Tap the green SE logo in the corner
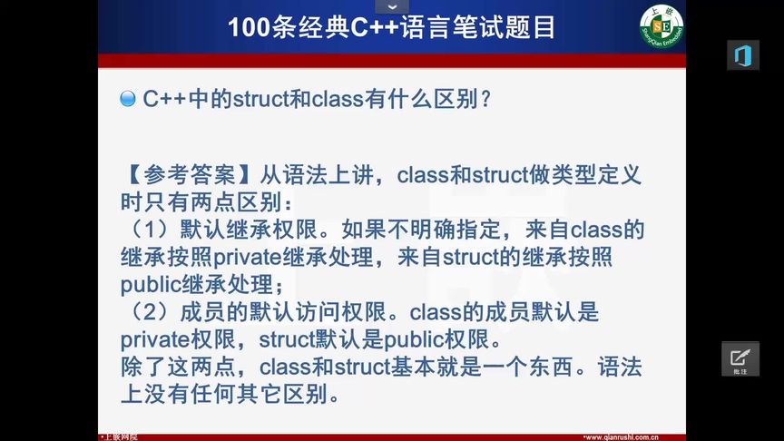coord(661,25)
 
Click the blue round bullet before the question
coord(128,99)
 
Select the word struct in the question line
coord(260,99)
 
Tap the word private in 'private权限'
coord(152,341)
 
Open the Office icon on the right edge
coord(742,54)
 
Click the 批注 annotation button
coord(740,359)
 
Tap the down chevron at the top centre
coord(392,6)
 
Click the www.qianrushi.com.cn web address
coord(621,436)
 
